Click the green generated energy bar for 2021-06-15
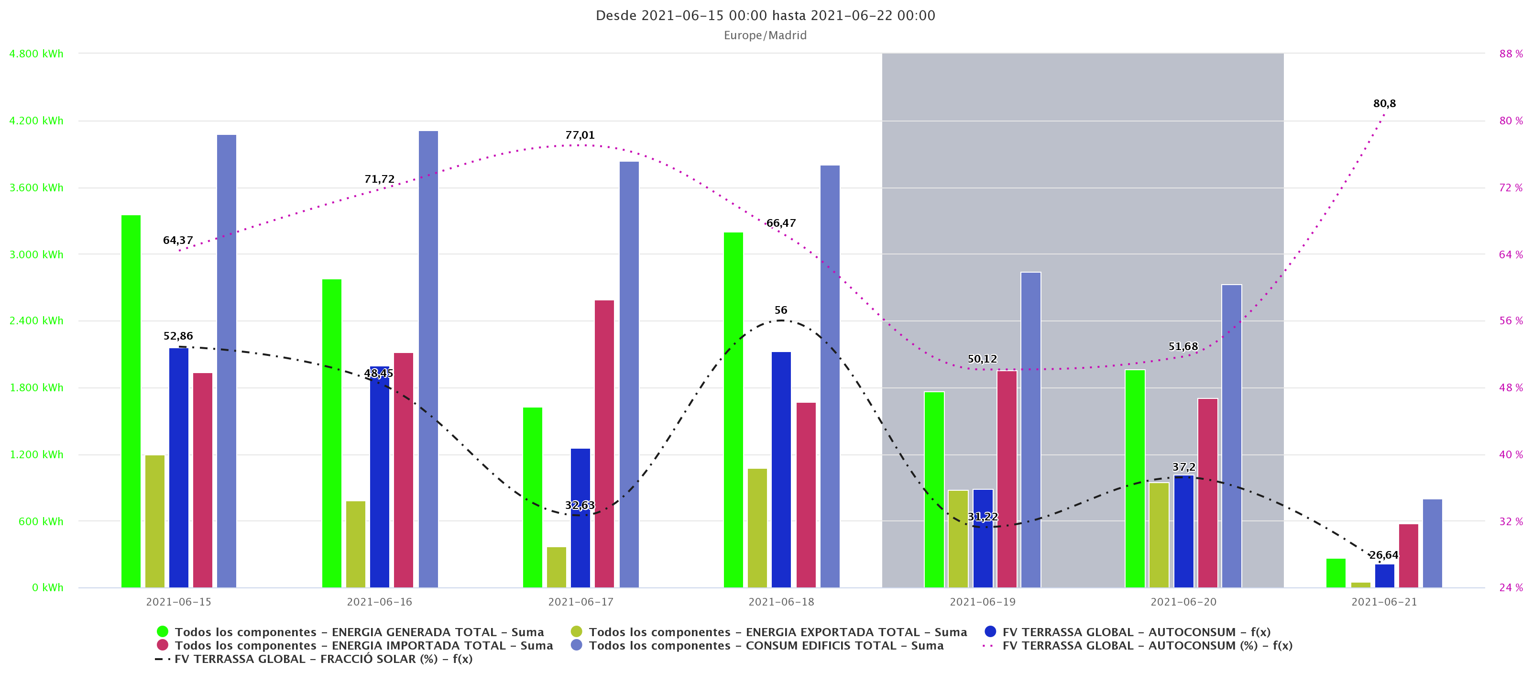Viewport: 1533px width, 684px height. (x=131, y=402)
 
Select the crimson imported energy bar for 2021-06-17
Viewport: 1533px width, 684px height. (x=604, y=443)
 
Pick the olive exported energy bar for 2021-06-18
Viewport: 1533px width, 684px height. (x=757, y=528)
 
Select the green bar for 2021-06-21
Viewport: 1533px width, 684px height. (x=1336, y=573)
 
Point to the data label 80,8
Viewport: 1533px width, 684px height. (x=1384, y=104)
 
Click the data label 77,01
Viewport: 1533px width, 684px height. (x=580, y=135)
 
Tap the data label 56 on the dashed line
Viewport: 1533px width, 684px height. (x=781, y=310)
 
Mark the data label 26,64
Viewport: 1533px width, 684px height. (x=1384, y=555)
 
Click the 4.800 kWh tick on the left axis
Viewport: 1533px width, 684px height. (x=36, y=54)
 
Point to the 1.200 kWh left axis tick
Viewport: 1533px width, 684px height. (x=36, y=454)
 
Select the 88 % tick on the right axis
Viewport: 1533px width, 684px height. (x=1511, y=54)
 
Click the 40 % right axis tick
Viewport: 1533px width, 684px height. (x=1511, y=454)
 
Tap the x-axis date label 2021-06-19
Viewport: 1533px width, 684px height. (x=982, y=602)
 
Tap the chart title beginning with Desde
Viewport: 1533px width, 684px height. (x=766, y=15)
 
